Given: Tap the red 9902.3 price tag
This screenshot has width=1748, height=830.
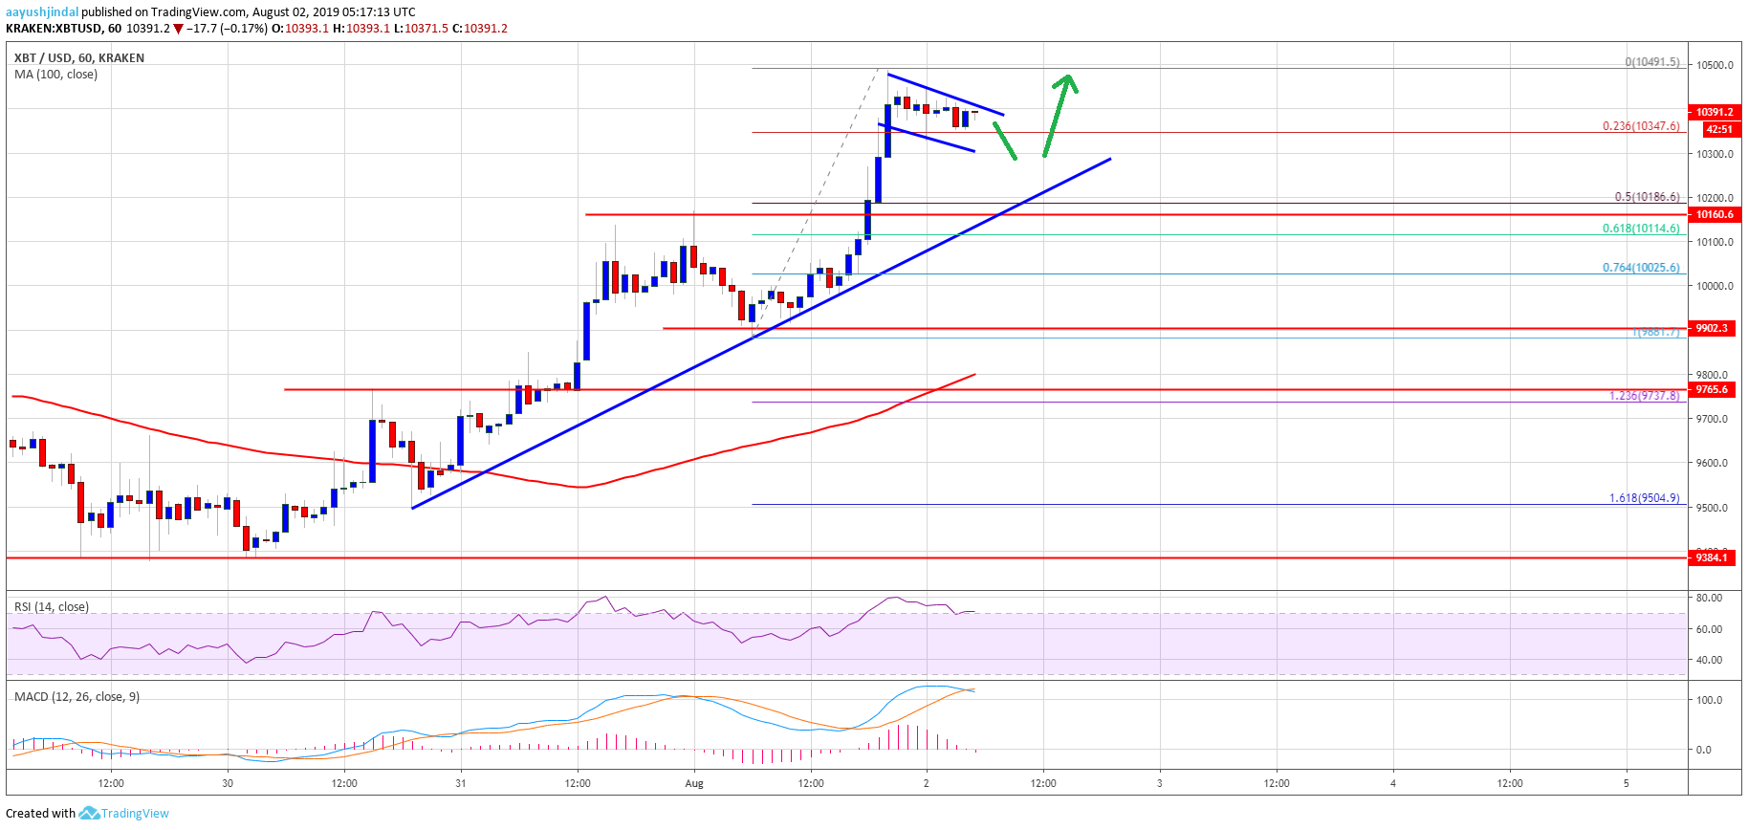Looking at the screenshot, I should (1713, 328).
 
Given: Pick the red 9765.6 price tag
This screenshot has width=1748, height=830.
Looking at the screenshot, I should (1713, 389).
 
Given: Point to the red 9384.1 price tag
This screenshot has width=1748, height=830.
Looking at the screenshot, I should (1713, 557).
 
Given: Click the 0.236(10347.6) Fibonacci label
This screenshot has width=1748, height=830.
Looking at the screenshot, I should (1641, 126).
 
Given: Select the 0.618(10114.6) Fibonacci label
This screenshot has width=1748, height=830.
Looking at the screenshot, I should (1641, 229).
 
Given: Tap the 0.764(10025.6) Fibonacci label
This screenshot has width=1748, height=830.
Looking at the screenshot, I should (1641, 268).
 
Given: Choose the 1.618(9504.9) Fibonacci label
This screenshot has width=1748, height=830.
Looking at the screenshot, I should (1644, 498).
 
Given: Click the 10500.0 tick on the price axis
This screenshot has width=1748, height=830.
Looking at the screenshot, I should (1715, 65).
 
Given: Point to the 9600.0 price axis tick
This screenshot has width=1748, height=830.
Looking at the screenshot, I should (1715, 463).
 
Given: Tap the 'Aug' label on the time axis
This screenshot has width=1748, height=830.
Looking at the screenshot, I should (694, 783).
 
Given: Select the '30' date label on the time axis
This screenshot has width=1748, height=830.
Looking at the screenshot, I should (228, 783).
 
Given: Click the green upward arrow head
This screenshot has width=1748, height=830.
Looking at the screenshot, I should (1069, 83).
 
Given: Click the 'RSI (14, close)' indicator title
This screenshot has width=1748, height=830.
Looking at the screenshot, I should (52, 607).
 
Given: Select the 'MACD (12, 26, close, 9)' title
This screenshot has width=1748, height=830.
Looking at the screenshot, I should (76, 697).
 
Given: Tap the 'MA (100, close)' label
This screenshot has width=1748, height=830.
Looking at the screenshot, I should (55, 75).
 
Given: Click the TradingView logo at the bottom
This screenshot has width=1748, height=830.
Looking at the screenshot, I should (124, 814).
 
